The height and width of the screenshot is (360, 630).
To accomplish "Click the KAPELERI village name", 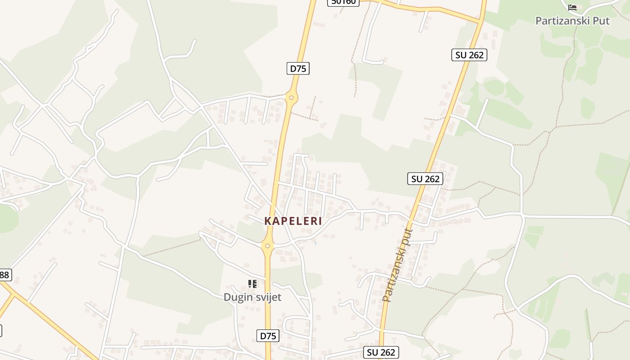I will click(293, 221).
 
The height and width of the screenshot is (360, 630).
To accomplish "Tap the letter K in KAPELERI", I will click(268, 221).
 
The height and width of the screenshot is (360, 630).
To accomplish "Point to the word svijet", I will click(268, 297).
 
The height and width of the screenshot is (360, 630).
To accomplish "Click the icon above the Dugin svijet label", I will click(252, 284).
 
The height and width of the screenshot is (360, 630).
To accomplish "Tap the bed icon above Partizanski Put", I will click(572, 8).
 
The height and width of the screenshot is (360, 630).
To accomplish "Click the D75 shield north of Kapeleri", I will click(298, 68).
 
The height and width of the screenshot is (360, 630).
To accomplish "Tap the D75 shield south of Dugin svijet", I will click(269, 336).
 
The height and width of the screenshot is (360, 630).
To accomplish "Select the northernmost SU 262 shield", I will click(469, 55).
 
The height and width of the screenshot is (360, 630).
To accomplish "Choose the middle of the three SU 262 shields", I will click(425, 179).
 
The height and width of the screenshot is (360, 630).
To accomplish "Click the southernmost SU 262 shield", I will click(381, 352).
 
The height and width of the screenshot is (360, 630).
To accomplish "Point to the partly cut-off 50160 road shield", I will click(343, 2).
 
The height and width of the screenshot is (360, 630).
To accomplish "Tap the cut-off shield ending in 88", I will click(4, 274).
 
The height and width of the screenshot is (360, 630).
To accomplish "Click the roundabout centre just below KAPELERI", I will click(267, 246).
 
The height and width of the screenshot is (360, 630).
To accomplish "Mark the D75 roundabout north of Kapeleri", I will click(292, 98).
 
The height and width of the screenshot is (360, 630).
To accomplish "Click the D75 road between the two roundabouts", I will click(279, 171).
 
